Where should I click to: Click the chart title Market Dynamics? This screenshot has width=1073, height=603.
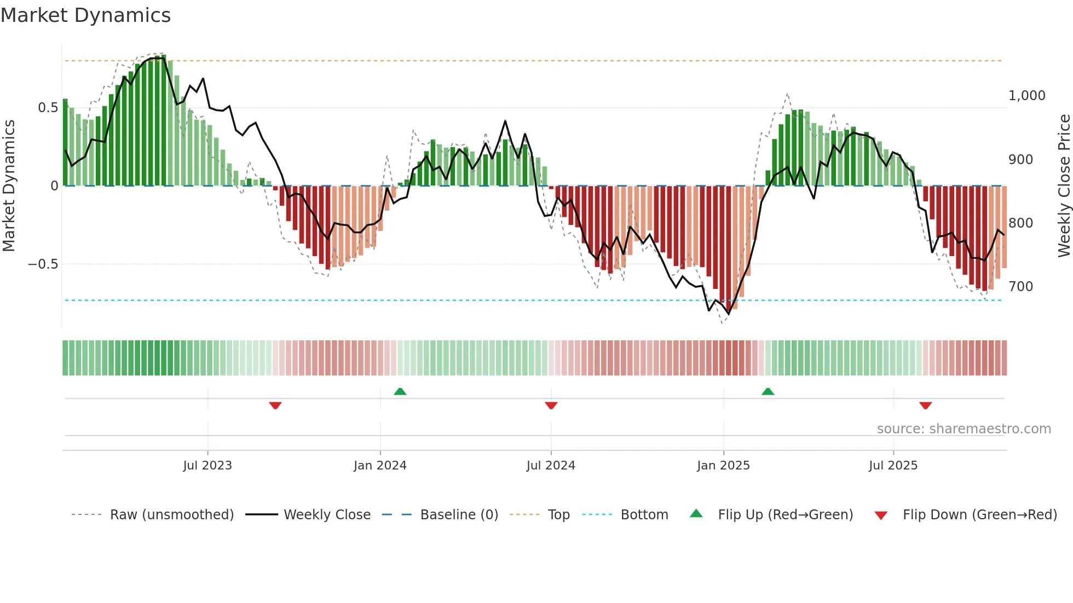[x=85, y=15]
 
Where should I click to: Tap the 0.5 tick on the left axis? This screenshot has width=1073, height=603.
[x=48, y=108]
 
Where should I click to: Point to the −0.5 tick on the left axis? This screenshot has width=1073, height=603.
[x=43, y=264]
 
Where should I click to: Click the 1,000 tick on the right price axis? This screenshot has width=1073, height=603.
[x=1026, y=96]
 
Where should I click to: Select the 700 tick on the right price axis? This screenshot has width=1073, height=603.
[x=1020, y=287]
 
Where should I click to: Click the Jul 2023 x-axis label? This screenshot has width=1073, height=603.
[x=207, y=466]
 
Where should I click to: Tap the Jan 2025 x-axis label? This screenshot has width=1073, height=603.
[x=723, y=466]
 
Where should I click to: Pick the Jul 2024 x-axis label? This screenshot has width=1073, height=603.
[x=551, y=466]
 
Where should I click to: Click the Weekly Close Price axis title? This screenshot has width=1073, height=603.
[x=1064, y=185]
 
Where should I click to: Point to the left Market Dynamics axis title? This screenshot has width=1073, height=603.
[x=9, y=185]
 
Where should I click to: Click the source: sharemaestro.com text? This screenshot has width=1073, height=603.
[x=964, y=429]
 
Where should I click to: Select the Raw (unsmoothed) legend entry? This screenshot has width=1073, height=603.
[x=171, y=515]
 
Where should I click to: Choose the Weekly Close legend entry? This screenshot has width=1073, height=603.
[x=327, y=515]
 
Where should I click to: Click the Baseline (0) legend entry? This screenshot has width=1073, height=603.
[x=459, y=515]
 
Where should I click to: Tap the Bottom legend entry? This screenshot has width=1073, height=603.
[x=644, y=515]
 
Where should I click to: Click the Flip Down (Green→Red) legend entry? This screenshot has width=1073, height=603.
[x=979, y=515]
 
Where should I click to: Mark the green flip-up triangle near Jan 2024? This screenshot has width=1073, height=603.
[x=400, y=391]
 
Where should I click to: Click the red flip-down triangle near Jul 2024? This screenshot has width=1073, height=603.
[x=551, y=405]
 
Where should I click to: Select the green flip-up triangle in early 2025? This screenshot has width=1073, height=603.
[x=768, y=391]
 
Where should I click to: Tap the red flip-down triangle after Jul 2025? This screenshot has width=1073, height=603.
[x=926, y=405]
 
